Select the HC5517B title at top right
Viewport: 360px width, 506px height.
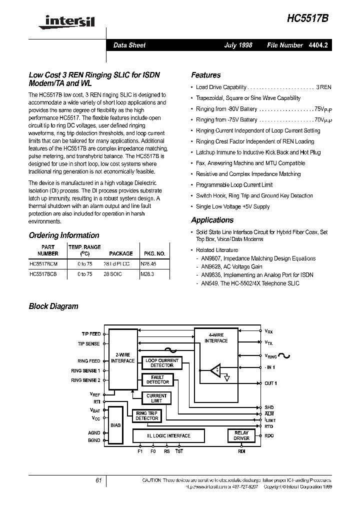pos(308,18)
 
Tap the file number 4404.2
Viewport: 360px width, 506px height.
pos(318,45)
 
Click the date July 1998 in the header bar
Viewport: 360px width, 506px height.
pos(238,45)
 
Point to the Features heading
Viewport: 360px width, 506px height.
pos(205,75)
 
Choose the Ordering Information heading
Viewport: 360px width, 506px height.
pos(64,235)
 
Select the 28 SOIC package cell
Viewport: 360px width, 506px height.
pos(121,274)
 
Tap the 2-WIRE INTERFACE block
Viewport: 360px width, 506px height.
pos(122,358)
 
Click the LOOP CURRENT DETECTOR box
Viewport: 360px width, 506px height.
pos(161,362)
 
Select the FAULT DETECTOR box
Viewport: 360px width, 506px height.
pos(157,379)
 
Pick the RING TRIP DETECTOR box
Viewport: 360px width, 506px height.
pos(146,415)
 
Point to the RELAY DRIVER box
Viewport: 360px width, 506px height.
pos(241,435)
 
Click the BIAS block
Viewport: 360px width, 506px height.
pos(115,425)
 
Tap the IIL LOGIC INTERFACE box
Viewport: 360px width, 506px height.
pos(168,435)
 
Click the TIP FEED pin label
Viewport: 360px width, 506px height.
pos(90,333)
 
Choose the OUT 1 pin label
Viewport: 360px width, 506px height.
pos(270,383)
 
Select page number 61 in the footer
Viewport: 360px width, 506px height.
pos(98,480)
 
